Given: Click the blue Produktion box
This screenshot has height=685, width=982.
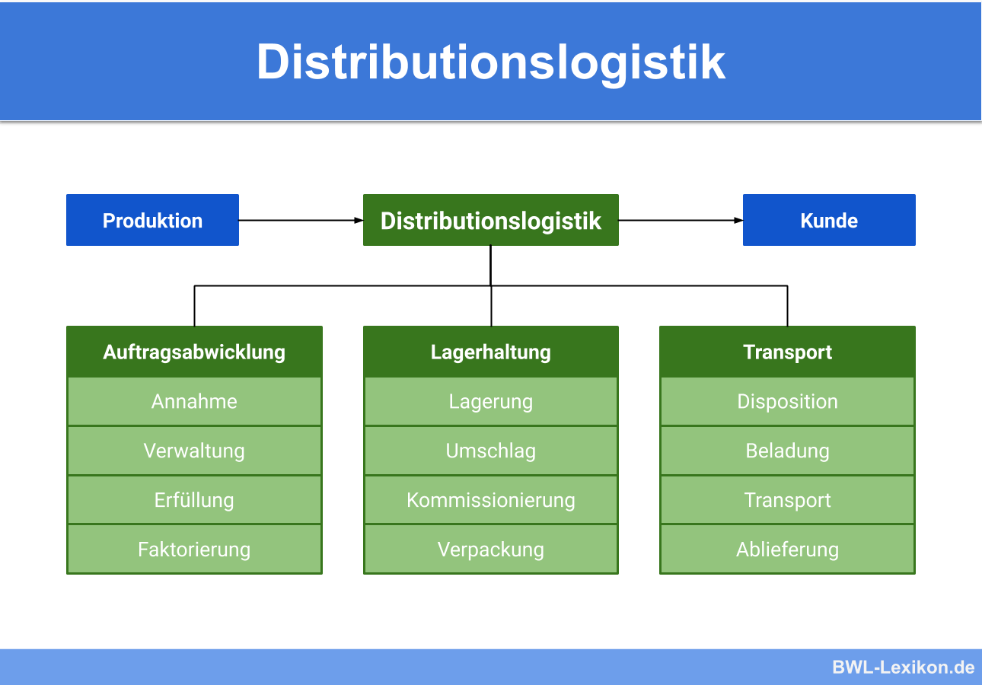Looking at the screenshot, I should pos(152,220).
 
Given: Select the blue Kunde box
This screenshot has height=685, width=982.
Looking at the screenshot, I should pos(829,220).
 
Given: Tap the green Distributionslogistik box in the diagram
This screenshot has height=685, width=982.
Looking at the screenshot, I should pos(491,220).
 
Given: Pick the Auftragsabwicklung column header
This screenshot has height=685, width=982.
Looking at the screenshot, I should pos(194,352).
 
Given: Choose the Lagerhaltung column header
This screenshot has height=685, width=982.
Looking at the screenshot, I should pos(491,352).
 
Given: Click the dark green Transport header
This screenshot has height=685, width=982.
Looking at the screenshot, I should pos(787,352).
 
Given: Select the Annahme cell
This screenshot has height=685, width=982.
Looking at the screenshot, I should pos(194,401).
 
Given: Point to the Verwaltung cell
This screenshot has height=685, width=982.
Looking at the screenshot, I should pos(194,451).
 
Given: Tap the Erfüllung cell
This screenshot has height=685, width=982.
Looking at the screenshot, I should pos(194,500).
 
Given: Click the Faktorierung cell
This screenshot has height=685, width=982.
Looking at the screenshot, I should pos(194,550).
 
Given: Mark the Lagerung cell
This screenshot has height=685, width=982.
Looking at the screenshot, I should pos(491,401).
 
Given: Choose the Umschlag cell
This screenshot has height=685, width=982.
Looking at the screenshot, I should pos(491,451).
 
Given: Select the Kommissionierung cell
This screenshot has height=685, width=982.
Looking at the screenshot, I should pos(491,500).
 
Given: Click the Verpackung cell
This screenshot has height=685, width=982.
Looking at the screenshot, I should pos(491,550).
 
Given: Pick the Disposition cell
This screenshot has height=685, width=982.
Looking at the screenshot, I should pos(787,401).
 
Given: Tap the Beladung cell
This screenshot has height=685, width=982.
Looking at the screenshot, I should pos(787,451).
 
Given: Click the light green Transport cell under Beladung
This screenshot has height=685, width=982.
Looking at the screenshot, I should pos(787,500).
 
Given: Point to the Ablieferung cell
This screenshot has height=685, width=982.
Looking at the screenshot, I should pos(787,550).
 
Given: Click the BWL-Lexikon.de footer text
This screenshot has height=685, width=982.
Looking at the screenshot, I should pos(903,667).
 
